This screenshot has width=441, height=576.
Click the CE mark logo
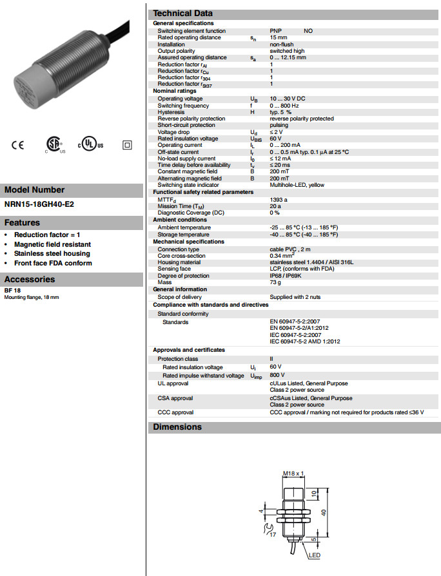pyautogui.click(x=17, y=145)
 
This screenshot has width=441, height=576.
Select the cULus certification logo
pyautogui.click(x=91, y=144)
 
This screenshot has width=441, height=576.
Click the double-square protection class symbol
pyautogui.click(x=126, y=145)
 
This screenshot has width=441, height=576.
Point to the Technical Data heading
pyautogui.click(x=182, y=14)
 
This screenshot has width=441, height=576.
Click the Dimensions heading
pyautogui.click(x=177, y=427)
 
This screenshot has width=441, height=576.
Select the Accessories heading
pyautogui.click(x=30, y=279)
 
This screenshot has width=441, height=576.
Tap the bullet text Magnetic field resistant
pyautogui.click(x=52, y=244)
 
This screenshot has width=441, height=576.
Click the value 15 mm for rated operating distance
pyautogui.click(x=279, y=37)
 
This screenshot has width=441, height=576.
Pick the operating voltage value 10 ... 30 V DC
pyautogui.click(x=288, y=99)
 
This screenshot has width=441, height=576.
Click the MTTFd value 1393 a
pyautogui.click(x=279, y=199)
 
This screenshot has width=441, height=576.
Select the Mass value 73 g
pyautogui.click(x=276, y=282)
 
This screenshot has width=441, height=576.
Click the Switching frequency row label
pyautogui.click(x=184, y=106)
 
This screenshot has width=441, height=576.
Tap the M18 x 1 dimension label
pyautogui.click(x=293, y=474)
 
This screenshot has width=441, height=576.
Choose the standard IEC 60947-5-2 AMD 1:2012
pyautogui.click(x=305, y=341)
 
